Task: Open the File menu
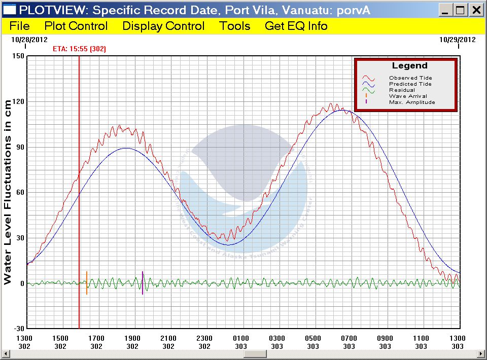pos(20,26)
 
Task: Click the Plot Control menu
pos(76,26)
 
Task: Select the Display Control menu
pos(163,26)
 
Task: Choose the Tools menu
pos(235,26)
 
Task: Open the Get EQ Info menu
pos(296,26)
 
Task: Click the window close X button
pos(476,10)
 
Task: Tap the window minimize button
pos(445,10)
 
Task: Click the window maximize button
pos(461,10)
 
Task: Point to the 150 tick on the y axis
pos(18,56)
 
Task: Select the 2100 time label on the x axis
pos(168,338)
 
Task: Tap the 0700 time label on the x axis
pos(349,338)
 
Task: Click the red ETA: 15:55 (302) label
pos(80,49)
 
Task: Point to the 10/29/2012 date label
pos(458,40)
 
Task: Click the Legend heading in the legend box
pos(410,66)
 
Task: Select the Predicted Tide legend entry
pos(410,84)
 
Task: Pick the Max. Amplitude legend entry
pos(412,102)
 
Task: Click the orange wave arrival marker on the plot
pos(87,283)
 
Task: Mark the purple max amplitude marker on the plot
pos(143,283)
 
